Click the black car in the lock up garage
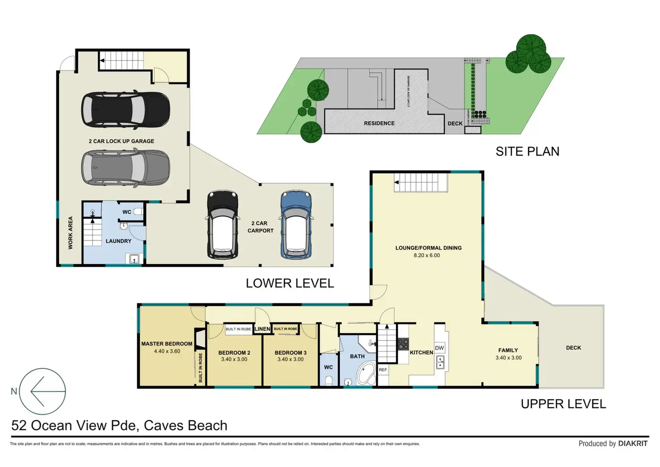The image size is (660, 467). [126, 110]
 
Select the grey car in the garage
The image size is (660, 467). [126, 167]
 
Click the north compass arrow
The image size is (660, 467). [43, 391]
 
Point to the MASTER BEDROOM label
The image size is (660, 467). [167, 344]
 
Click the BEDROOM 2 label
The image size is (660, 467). [234, 353]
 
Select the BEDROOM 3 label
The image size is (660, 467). [291, 353]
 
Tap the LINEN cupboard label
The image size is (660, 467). [262, 329]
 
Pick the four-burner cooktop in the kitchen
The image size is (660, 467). [403, 344]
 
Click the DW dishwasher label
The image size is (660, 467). [439, 348]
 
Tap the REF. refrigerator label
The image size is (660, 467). [383, 370]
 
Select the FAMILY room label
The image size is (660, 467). [508, 350]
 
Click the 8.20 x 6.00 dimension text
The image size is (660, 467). [427, 256]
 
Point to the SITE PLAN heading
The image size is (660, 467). [527, 152]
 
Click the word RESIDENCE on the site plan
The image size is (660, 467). [379, 123]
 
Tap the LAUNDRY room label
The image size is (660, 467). [118, 241]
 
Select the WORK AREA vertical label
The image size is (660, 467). [70, 233]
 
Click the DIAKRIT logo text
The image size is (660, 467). [633, 444]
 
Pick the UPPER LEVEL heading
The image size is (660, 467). [563, 404]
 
